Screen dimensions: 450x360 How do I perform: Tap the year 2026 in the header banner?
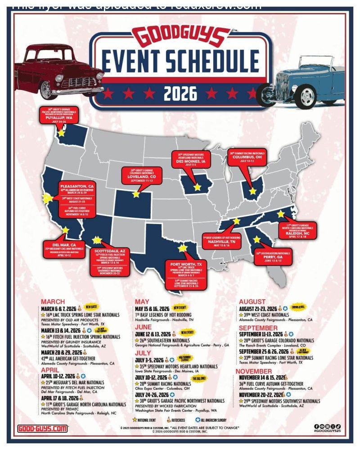180,94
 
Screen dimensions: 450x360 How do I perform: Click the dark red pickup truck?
58,72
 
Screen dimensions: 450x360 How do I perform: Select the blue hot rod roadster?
308,83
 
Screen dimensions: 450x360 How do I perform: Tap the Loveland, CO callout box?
142,175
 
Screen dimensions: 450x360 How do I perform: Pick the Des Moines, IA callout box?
191,159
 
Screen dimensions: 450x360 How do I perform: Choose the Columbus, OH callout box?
247,156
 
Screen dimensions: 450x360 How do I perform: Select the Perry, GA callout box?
273,256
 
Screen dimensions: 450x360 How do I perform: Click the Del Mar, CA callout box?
64,248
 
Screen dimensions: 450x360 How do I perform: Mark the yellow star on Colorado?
136,195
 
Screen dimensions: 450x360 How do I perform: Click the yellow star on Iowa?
197,186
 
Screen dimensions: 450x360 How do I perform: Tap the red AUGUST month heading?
252,301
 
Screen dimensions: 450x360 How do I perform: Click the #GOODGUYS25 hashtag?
328,431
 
